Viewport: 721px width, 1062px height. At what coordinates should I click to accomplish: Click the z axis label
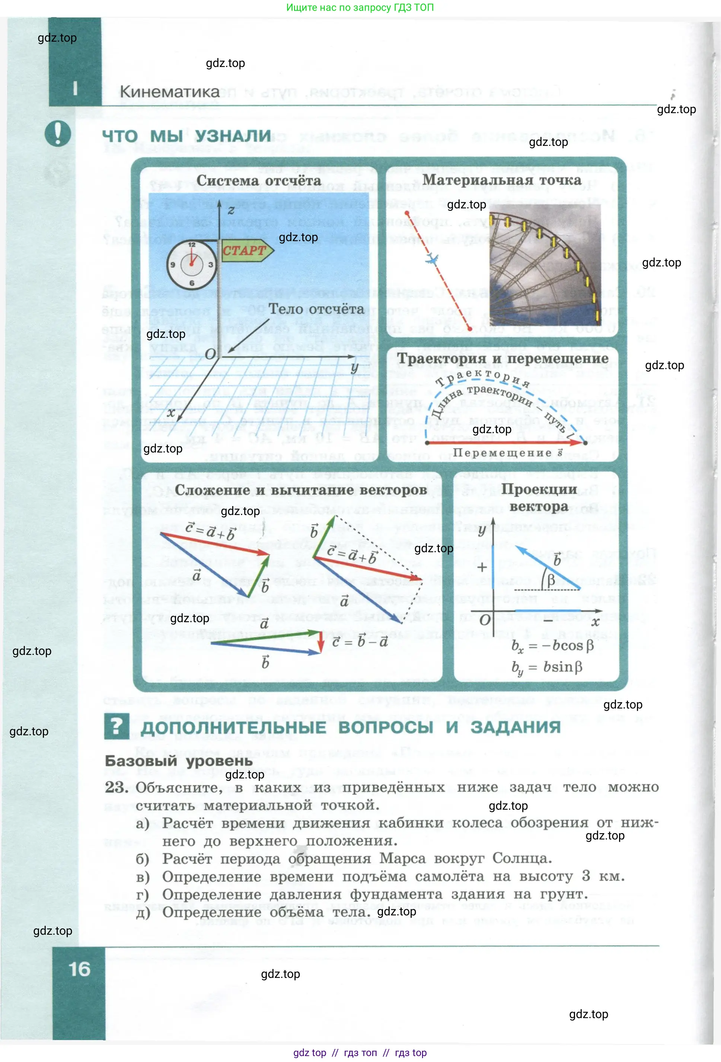[231, 210]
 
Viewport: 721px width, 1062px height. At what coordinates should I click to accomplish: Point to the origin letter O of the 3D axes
[210, 354]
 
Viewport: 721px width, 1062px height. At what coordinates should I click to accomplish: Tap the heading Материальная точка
[501, 180]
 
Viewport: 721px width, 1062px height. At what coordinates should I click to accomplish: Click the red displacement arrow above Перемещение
[505, 442]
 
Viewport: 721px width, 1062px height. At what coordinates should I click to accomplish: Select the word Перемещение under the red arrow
[502, 453]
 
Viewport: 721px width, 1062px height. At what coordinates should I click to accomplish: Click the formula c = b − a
[360, 642]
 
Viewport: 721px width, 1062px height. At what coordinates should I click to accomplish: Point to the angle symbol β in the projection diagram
[551, 580]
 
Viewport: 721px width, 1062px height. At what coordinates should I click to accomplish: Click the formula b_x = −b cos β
[552, 646]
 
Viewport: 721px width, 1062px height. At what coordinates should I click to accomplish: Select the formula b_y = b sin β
[547, 668]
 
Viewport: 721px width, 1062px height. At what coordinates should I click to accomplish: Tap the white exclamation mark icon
[58, 134]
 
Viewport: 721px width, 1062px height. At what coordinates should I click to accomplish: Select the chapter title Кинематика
[170, 92]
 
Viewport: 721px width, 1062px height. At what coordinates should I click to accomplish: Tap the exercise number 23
[116, 787]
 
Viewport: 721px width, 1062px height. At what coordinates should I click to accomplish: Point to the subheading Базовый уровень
[178, 761]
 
